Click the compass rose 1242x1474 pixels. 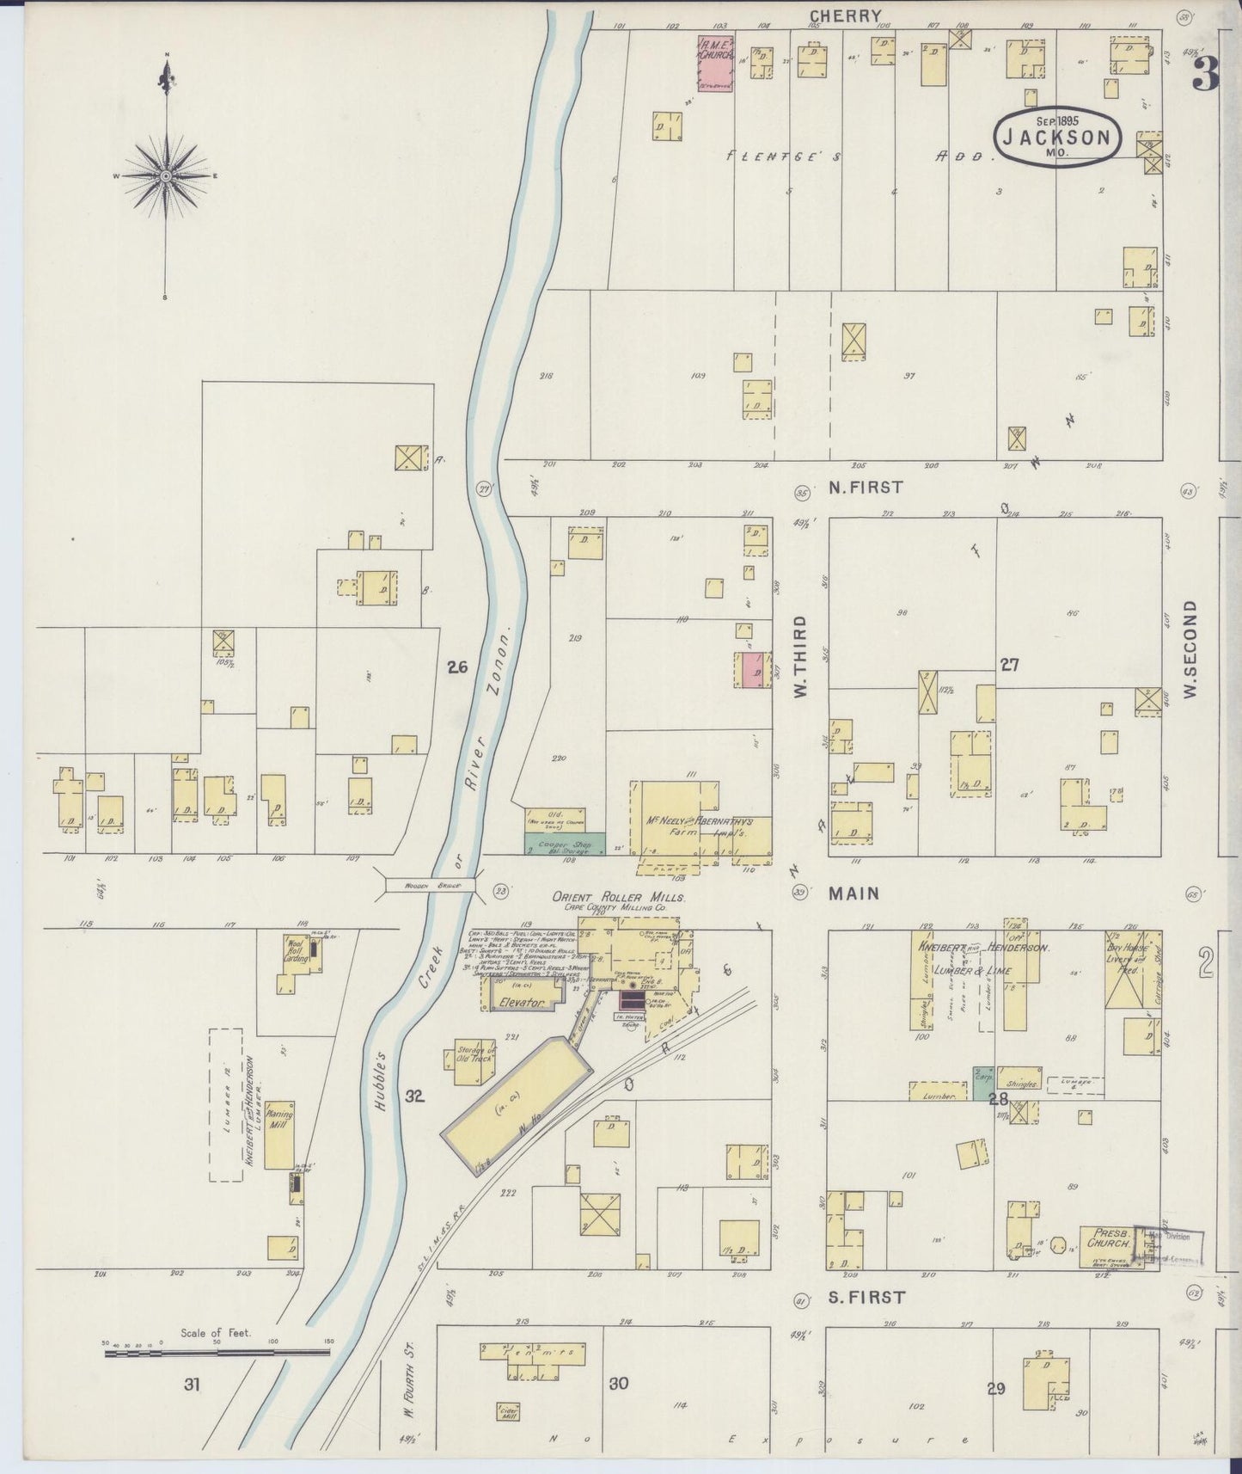[x=166, y=176]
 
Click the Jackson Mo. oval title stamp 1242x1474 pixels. [x=1057, y=137]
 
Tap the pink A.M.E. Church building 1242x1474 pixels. [x=714, y=64]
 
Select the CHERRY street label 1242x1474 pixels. [x=846, y=15]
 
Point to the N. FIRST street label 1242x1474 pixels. [x=866, y=487]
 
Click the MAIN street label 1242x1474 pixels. [x=853, y=894]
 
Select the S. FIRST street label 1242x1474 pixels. [x=866, y=1297]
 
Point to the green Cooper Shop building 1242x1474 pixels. [x=565, y=843]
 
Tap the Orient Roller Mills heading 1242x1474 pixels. [x=618, y=896]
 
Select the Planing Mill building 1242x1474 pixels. [x=279, y=1135]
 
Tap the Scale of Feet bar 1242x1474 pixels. [x=217, y=1353]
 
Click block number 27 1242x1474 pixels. [x=1009, y=665]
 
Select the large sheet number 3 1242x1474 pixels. [x=1205, y=73]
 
